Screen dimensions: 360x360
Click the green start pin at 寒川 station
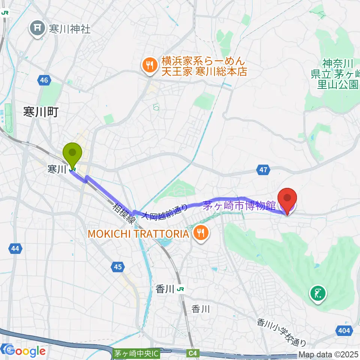click(72, 154)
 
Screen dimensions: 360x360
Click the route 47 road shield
click(264, 170)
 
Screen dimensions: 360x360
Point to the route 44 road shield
click(15, 248)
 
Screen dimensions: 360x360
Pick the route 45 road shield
click(118, 267)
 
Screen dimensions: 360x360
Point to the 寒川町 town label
click(40, 112)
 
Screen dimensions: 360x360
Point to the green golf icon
click(318, 293)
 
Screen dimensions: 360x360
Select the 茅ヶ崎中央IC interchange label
click(136, 353)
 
